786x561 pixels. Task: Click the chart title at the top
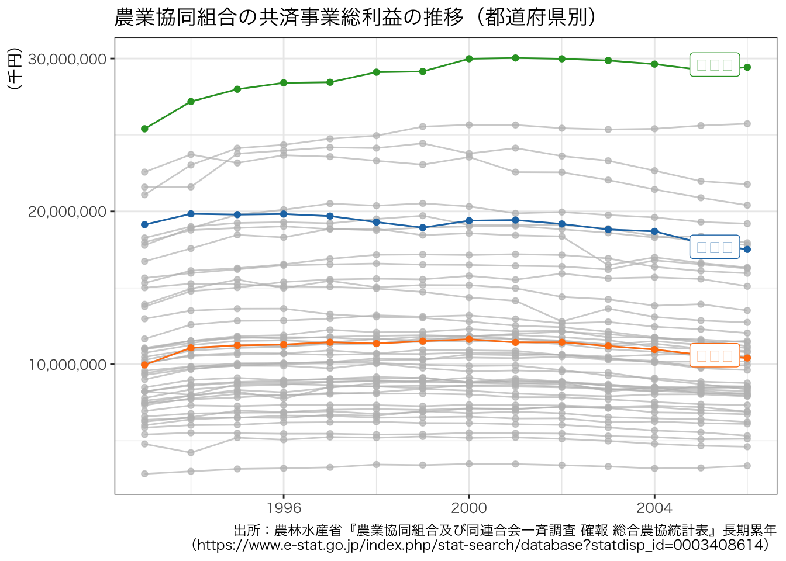click(355, 18)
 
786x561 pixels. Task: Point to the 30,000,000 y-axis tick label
click(68, 59)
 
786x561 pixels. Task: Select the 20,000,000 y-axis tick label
click(68, 212)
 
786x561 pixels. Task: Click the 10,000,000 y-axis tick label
click(68, 365)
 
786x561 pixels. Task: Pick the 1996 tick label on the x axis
click(284, 507)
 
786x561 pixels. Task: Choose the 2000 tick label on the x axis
click(469, 507)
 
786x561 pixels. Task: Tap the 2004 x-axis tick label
click(654, 507)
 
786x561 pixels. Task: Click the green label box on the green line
click(715, 65)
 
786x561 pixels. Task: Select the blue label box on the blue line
click(715, 247)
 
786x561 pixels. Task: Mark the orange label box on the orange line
click(715, 356)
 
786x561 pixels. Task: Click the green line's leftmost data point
click(144, 129)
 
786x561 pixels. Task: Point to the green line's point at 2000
click(469, 58)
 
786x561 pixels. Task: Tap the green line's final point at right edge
click(747, 67)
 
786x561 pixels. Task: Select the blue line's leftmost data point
click(144, 224)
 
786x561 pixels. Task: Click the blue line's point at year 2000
click(469, 221)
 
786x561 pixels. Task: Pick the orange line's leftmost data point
click(144, 365)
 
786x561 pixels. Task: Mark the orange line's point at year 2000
click(469, 340)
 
